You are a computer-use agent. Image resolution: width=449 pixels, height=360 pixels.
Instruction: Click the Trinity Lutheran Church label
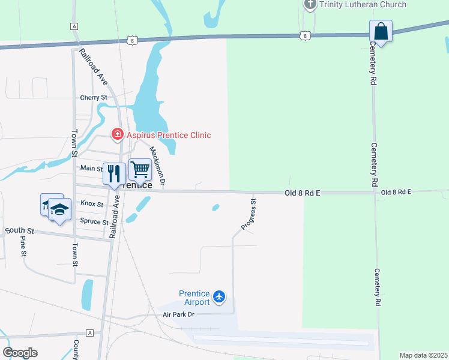coord(363,5)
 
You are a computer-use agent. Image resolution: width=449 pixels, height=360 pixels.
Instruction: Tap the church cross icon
coord(310,5)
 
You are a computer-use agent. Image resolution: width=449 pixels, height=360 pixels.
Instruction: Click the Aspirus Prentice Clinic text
coord(169,135)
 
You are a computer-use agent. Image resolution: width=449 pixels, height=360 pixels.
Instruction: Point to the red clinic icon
coord(118,134)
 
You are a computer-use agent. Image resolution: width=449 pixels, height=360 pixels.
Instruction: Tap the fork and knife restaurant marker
coord(114,173)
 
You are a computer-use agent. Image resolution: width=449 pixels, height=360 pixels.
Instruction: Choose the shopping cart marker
coord(140,170)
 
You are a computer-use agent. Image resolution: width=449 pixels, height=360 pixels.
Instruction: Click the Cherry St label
coord(93,97)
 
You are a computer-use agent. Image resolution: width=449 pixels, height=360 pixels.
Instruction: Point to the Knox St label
coord(92,204)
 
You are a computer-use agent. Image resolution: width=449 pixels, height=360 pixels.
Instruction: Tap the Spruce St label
coord(94,221)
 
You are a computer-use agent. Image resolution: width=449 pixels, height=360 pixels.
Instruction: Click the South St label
coord(20,230)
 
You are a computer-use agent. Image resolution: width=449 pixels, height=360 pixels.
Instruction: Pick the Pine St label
coord(23,246)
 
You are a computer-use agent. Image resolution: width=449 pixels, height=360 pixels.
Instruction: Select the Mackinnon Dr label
coord(157,165)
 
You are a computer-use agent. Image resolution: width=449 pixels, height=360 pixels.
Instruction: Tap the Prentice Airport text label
coord(194,298)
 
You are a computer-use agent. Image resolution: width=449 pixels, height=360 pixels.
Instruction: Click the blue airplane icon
coord(219,296)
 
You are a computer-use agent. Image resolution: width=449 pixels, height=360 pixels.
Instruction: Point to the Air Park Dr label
coord(179,314)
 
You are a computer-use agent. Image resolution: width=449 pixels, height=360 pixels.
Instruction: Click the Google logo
coord(20,353)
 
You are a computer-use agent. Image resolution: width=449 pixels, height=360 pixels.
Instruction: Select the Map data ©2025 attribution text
coord(423,355)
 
